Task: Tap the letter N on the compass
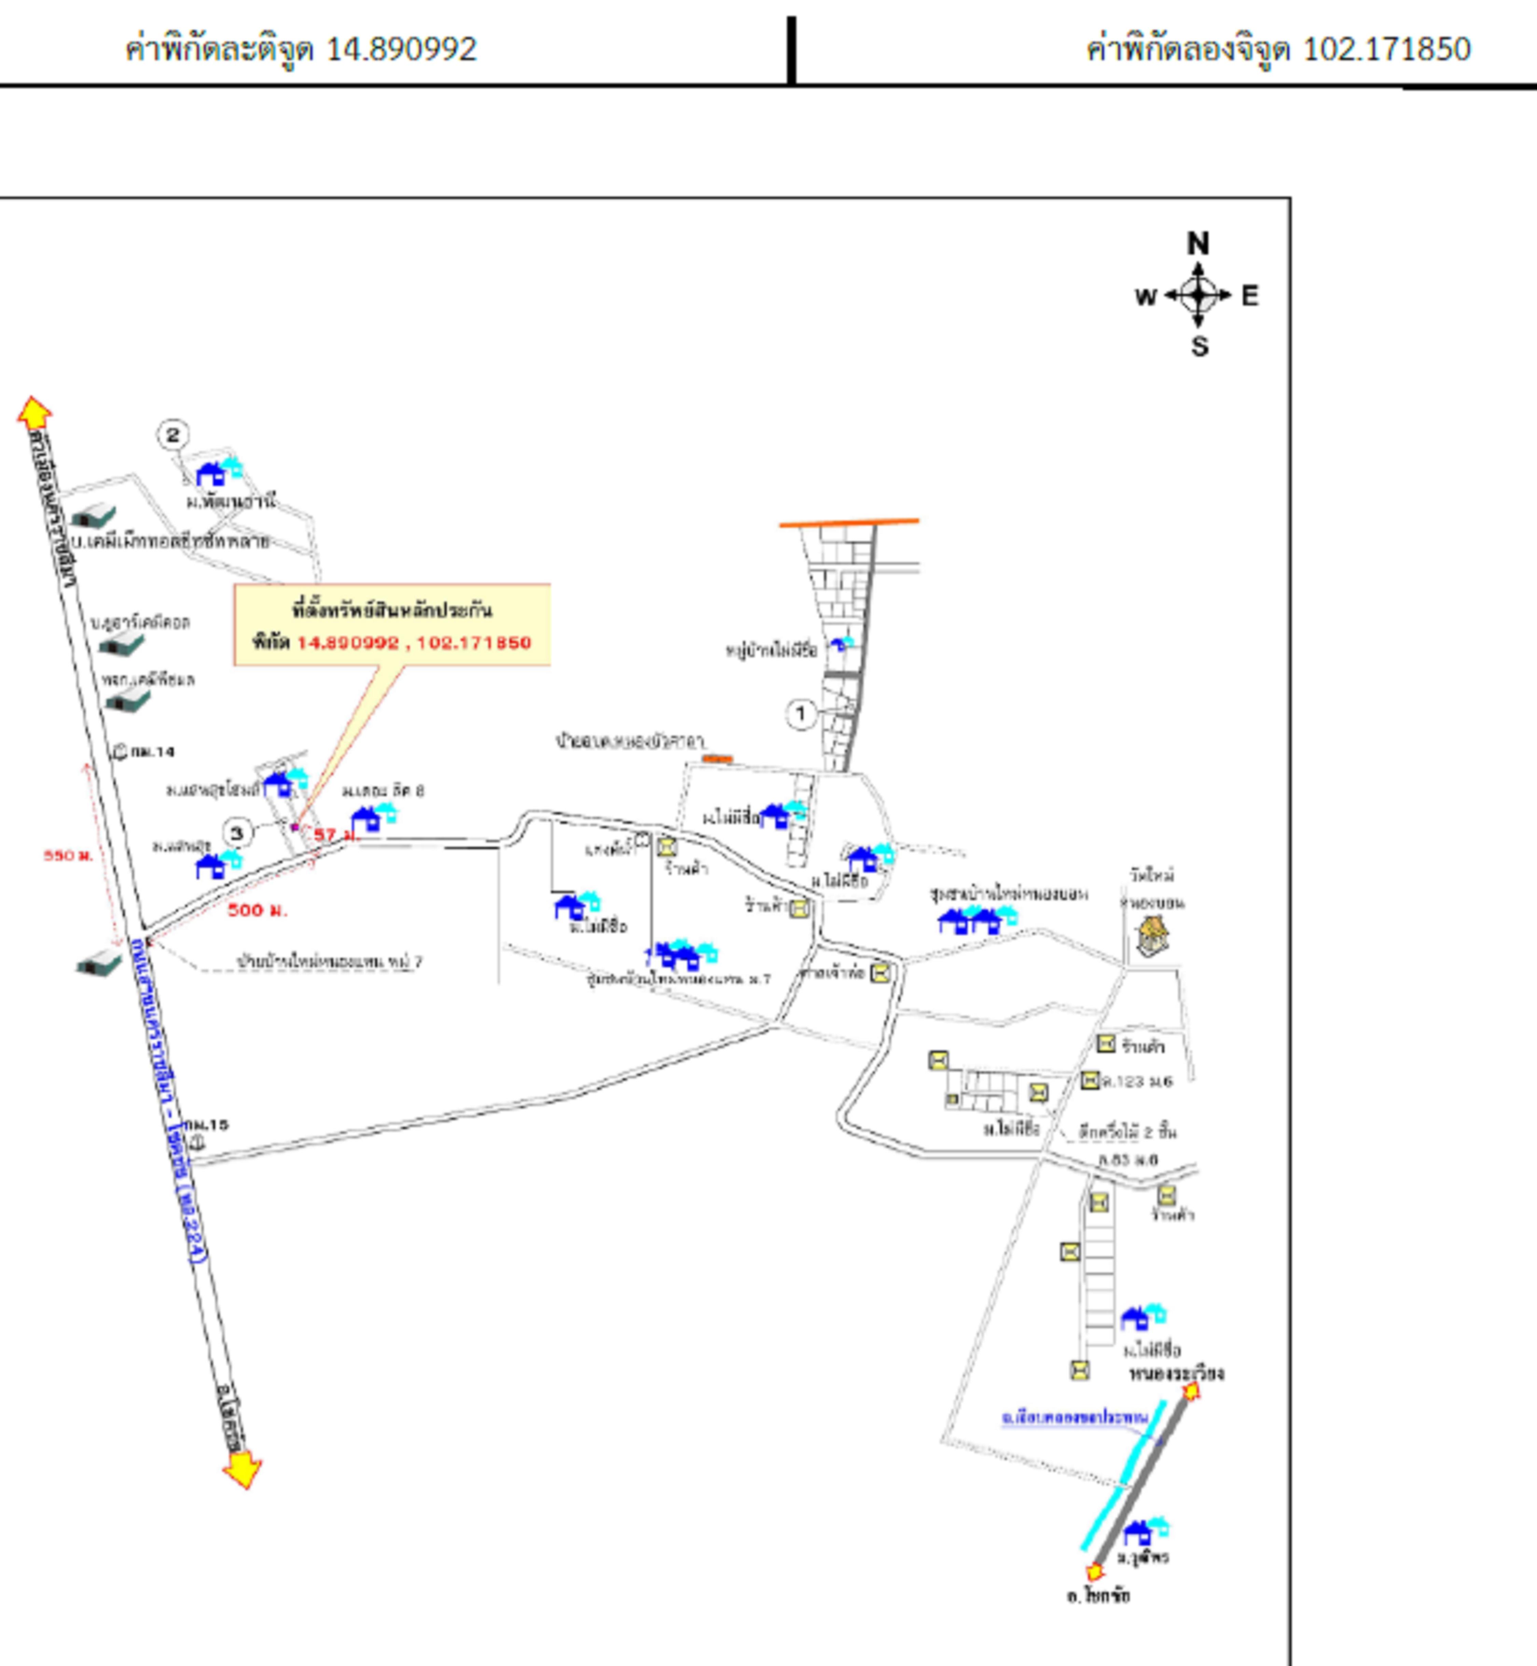click(x=1197, y=243)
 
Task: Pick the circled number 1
click(x=801, y=713)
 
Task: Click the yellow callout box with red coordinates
click(x=392, y=625)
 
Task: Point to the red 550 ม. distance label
click(x=68, y=855)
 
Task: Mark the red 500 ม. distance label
click(x=257, y=910)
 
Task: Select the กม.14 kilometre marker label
click(x=152, y=752)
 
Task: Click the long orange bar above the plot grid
click(x=848, y=523)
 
